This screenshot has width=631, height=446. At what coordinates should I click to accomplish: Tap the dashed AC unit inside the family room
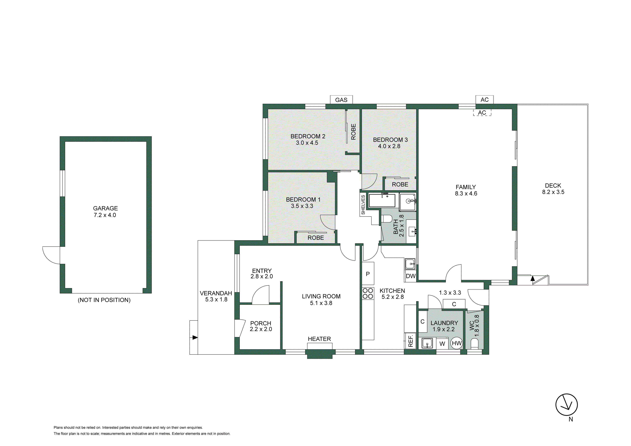(x=482, y=112)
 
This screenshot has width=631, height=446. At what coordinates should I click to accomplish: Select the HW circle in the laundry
(x=457, y=343)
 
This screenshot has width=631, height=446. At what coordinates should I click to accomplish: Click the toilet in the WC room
(x=475, y=344)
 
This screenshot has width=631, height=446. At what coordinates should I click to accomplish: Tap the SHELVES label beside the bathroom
(x=363, y=205)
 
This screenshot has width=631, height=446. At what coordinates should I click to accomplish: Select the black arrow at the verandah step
(x=195, y=337)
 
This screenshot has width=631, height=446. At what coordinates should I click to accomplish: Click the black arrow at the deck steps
(x=533, y=278)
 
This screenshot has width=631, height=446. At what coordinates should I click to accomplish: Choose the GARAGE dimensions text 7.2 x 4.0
(x=105, y=215)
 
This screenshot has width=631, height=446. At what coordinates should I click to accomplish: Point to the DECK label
(x=553, y=186)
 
